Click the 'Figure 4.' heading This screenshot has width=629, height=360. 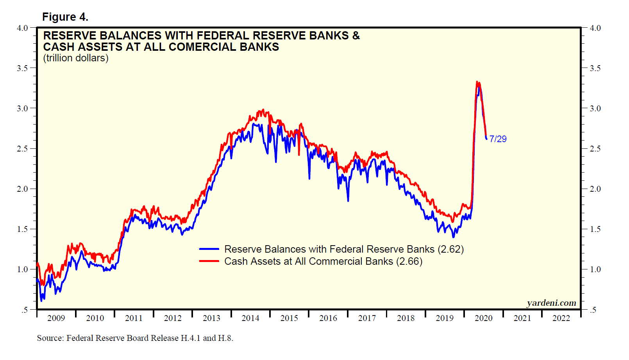tap(65, 17)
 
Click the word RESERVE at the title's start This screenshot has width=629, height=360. tap(70, 36)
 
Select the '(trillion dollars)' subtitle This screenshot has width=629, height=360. tap(76, 58)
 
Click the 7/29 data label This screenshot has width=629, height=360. tap(498, 139)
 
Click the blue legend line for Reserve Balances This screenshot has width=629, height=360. tap(209, 249)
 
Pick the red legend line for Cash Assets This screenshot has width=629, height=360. tap(209, 261)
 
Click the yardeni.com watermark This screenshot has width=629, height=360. tap(551, 303)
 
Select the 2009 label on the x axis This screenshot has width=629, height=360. tap(56, 318)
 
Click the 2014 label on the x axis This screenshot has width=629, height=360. tap(250, 318)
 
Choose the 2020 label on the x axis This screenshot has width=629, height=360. tap(483, 318)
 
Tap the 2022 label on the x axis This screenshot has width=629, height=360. tap(561, 318)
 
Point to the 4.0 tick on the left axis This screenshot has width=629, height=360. tap(22, 28)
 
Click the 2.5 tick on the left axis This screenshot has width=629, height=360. tap(22, 149)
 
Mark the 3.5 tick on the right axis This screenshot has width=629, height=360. tap(595, 68)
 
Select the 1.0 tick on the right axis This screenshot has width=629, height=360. tap(595, 269)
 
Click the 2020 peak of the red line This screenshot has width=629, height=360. tap(477, 82)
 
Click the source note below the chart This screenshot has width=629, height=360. tap(135, 338)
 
